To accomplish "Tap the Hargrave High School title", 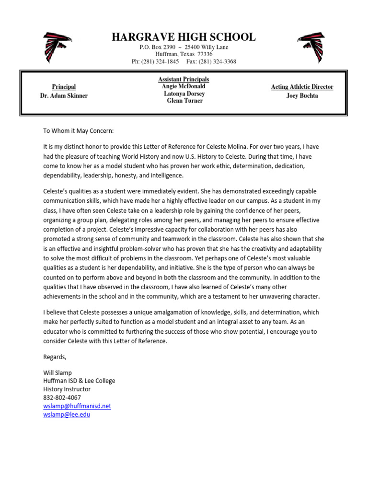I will click(184, 37).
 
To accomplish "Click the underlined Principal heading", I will click(64, 87).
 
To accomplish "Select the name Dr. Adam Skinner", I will click(64, 95).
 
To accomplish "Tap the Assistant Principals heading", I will click(184, 79).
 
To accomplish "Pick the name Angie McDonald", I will click(184, 86).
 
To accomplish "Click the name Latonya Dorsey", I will click(184, 94).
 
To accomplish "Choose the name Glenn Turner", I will click(184, 101).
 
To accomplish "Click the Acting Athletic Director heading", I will click(302, 87).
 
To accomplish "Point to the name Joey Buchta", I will click(302, 95).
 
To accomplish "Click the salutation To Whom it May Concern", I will click(79, 131).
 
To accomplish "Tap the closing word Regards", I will click(55, 357).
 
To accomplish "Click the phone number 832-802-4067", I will click(62, 397).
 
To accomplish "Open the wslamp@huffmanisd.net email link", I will click(77, 406).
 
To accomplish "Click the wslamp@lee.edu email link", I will click(66, 414).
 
